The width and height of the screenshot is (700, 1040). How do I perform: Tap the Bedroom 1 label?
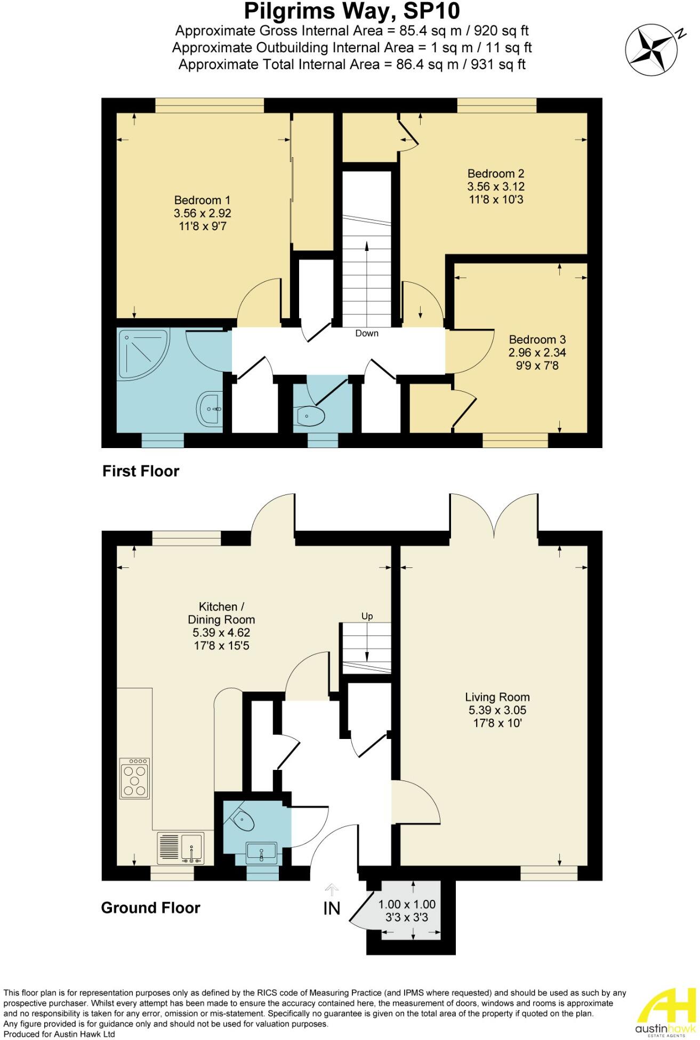[x=202, y=200]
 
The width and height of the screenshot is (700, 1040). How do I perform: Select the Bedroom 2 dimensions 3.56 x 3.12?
[x=495, y=187]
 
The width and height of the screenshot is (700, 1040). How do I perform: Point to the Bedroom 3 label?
[x=537, y=339]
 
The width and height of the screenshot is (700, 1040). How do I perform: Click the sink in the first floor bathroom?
[x=212, y=409]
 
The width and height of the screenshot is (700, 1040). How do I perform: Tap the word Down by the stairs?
[x=367, y=333]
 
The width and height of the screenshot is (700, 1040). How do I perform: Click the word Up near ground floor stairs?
[x=367, y=616]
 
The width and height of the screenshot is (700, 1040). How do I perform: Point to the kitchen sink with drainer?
[x=181, y=848]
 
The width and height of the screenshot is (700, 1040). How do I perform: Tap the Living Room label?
[x=497, y=697]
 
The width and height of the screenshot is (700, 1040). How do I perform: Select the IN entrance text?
[x=332, y=908]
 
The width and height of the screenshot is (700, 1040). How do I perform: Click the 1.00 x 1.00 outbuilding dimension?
[x=407, y=904]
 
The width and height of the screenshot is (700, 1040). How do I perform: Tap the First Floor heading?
[x=141, y=471]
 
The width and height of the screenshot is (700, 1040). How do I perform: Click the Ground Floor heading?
[x=150, y=908]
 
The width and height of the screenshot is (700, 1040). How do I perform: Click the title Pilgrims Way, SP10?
[x=352, y=11]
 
